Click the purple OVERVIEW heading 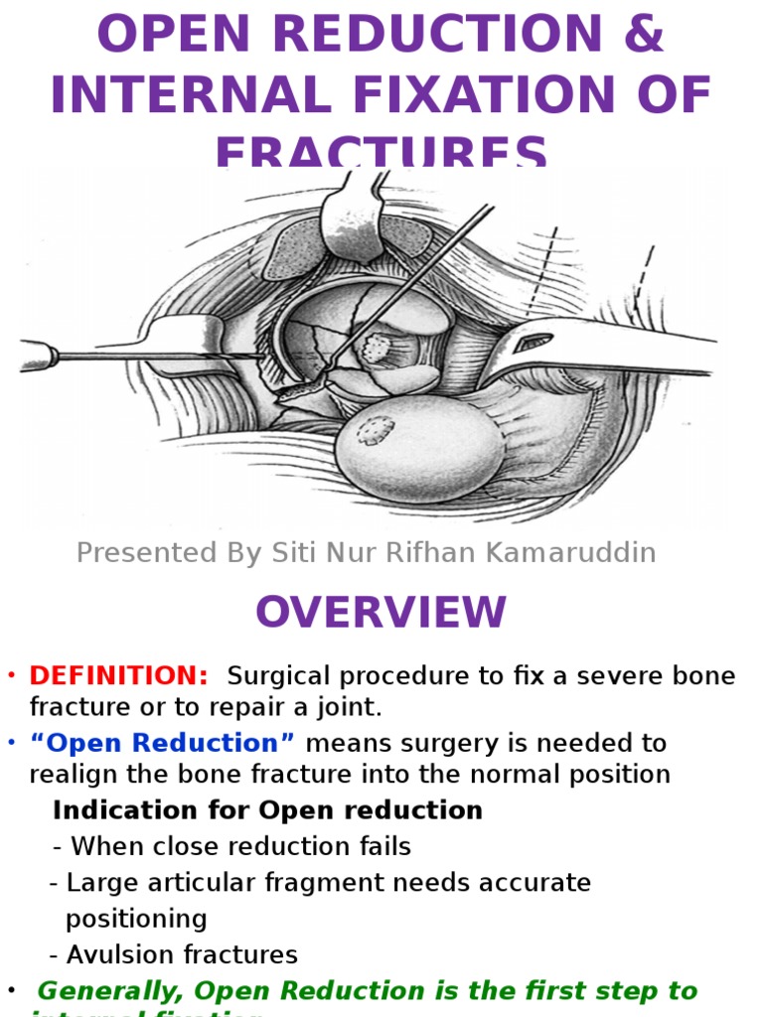(x=381, y=613)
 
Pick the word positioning (x=136, y=918)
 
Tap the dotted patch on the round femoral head (x=376, y=429)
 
